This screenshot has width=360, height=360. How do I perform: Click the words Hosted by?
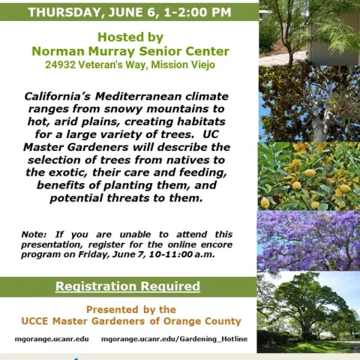pyautogui.click(x=129, y=36)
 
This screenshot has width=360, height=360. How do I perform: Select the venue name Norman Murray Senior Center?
pyautogui.click(x=129, y=51)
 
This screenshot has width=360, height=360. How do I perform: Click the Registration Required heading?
pyautogui.click(x=128, y=286)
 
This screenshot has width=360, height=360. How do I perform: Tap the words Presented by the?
pyautogui.click(x=131, y=309)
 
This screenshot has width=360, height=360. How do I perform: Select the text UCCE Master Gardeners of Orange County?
pyautogui.click(x=130, y=321)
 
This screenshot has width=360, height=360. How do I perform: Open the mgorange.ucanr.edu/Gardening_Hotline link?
pyautogui.click(x=174, y=339)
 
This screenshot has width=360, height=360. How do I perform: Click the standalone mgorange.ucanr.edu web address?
pyautogui.click(x=52, y=339)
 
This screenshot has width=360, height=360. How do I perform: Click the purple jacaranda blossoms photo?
pyautogui.click(x=308, y=240)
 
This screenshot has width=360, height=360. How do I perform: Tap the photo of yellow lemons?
pyautogui.click(x=308, y=175)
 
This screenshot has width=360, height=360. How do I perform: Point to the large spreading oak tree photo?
pyautogui.click(x=308, y=312)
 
